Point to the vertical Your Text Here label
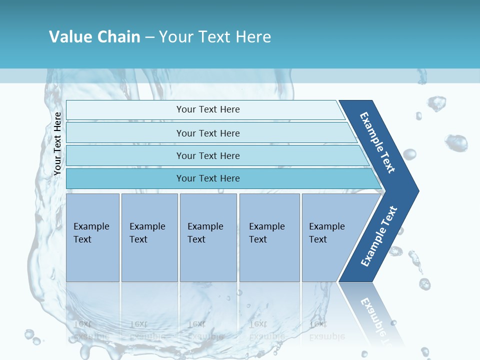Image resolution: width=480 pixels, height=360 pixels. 57,144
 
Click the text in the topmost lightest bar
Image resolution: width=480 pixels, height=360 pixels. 208,109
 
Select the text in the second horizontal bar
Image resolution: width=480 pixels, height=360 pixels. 208,133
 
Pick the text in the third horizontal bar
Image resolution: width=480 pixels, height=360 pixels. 208,156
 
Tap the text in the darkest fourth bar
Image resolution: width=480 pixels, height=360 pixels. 208,178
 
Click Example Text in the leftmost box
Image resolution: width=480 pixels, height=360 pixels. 91,233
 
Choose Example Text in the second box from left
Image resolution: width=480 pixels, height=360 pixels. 147,233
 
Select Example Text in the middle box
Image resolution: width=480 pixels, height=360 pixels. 205,233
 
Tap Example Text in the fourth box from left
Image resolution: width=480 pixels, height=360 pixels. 266,233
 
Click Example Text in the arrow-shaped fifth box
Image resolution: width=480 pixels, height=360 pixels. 326,233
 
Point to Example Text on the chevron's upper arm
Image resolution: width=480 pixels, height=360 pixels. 377,142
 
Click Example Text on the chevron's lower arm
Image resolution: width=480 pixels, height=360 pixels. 379,236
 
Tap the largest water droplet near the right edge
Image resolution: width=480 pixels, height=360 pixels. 456,142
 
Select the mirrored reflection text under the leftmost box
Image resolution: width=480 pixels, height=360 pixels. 91,330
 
